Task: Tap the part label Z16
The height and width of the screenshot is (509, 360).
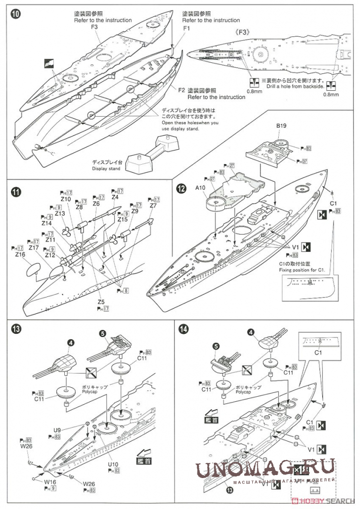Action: coord(20,254)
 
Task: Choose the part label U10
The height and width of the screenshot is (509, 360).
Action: coord(114,464)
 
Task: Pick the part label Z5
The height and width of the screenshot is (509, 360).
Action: coord(101,302)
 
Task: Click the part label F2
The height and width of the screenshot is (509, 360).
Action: coord(181,90)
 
